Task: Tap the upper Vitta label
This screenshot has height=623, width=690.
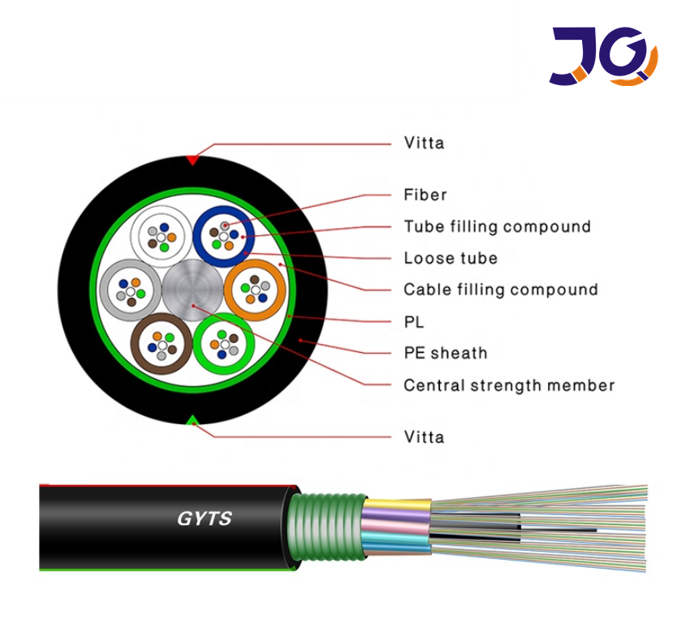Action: coord(424,144)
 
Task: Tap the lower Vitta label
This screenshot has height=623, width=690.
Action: coord(424,437)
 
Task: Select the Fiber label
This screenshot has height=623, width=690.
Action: coord(425,195)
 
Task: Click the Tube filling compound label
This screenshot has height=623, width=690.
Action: coord(497,226)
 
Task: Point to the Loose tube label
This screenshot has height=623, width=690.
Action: coord(451,259)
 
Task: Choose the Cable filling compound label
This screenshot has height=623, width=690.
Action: coord(500,290)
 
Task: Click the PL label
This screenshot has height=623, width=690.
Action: coord(414,322)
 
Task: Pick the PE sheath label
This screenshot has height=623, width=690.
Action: coord(446,353)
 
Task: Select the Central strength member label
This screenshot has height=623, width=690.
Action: coord(509,385)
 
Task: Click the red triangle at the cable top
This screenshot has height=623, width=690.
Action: coord(192,160)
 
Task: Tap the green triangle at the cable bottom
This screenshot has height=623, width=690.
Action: coord(192,419)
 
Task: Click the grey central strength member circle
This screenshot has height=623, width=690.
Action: coord(192,289)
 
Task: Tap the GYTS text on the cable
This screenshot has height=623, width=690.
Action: coord(205,518)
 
